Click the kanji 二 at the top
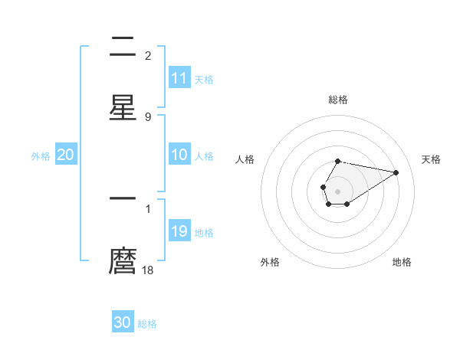[x=123, y=48]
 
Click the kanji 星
[x=123, y=106]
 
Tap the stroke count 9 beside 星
[x=148, y=116]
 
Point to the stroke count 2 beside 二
[x=148, y=56]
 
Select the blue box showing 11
[x=179, y=78]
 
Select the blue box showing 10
[x=179, y=155]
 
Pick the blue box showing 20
[x=66, y=155]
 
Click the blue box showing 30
[x=123, y=322]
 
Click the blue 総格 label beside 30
[x=147, y=324]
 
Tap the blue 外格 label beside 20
[x=41, y=156]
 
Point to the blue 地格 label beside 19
[x=204, y=233]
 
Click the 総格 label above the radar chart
[x=337, y=100]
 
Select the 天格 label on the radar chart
[x=431, y=159]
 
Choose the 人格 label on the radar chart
[x=245, y=159]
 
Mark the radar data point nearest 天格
[x=396, y=172]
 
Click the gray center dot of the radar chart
[x=337, y=190]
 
